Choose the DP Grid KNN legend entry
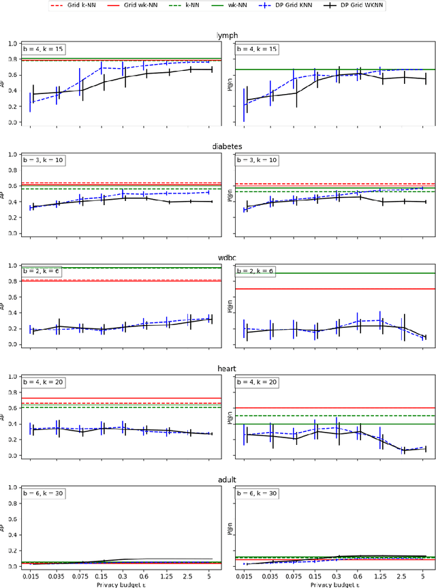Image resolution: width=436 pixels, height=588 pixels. (308, 5)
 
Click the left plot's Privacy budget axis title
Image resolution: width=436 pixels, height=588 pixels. (120, 584)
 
